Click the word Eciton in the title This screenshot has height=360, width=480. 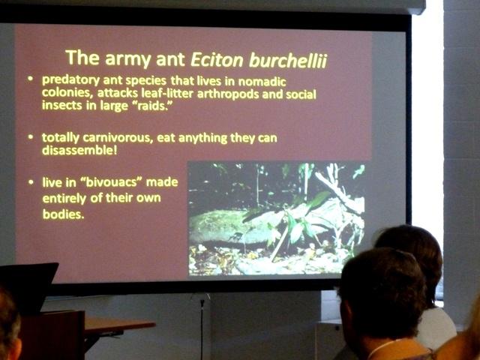click(x=217, y=59)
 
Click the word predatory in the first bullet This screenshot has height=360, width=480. click(x=70, y=80)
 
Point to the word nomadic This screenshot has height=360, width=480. click(x=262, y=82)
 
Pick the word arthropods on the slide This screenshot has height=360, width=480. click(x=228, y=94)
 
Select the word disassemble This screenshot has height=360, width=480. click(x=79, y=150)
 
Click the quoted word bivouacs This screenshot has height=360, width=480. click(x=112, y=182)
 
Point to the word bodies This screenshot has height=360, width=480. click(x=63, y=214)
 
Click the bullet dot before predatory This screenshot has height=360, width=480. click(x=30, y=79)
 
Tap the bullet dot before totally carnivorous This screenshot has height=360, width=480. click(x=30, y=137)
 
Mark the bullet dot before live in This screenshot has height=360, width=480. click(x=31, y=182)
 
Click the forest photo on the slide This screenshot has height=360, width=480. click(x=276, y=218)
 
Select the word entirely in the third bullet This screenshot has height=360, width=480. click(x=64, y=198)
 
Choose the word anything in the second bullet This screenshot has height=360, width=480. click(x=202, y=138)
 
